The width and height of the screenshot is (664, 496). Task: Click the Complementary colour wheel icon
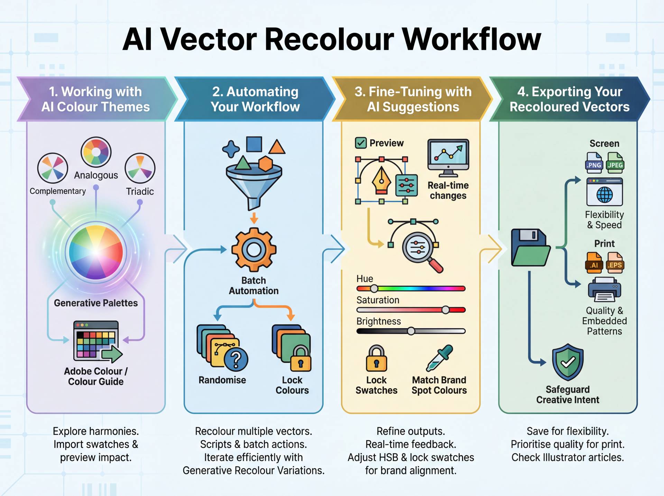coord(53,168)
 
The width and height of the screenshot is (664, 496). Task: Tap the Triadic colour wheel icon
coord(140,168)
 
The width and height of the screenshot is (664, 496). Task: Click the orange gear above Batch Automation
coord(254,249)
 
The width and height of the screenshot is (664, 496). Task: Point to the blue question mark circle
coord(236,360)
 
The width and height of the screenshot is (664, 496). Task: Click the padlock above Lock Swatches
coord(377,359)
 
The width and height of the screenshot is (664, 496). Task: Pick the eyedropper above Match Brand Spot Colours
coord(439,358)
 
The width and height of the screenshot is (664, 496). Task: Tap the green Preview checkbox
coord(361,143)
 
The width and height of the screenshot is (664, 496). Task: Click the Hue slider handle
coord(374,288)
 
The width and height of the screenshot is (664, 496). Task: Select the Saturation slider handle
coord(445,310)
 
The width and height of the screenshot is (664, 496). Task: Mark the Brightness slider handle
coord(411,331)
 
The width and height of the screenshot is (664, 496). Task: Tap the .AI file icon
coord(594,263)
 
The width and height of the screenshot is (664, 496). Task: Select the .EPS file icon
coord(615,263)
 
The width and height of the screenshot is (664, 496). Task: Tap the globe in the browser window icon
coord(605,195)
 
